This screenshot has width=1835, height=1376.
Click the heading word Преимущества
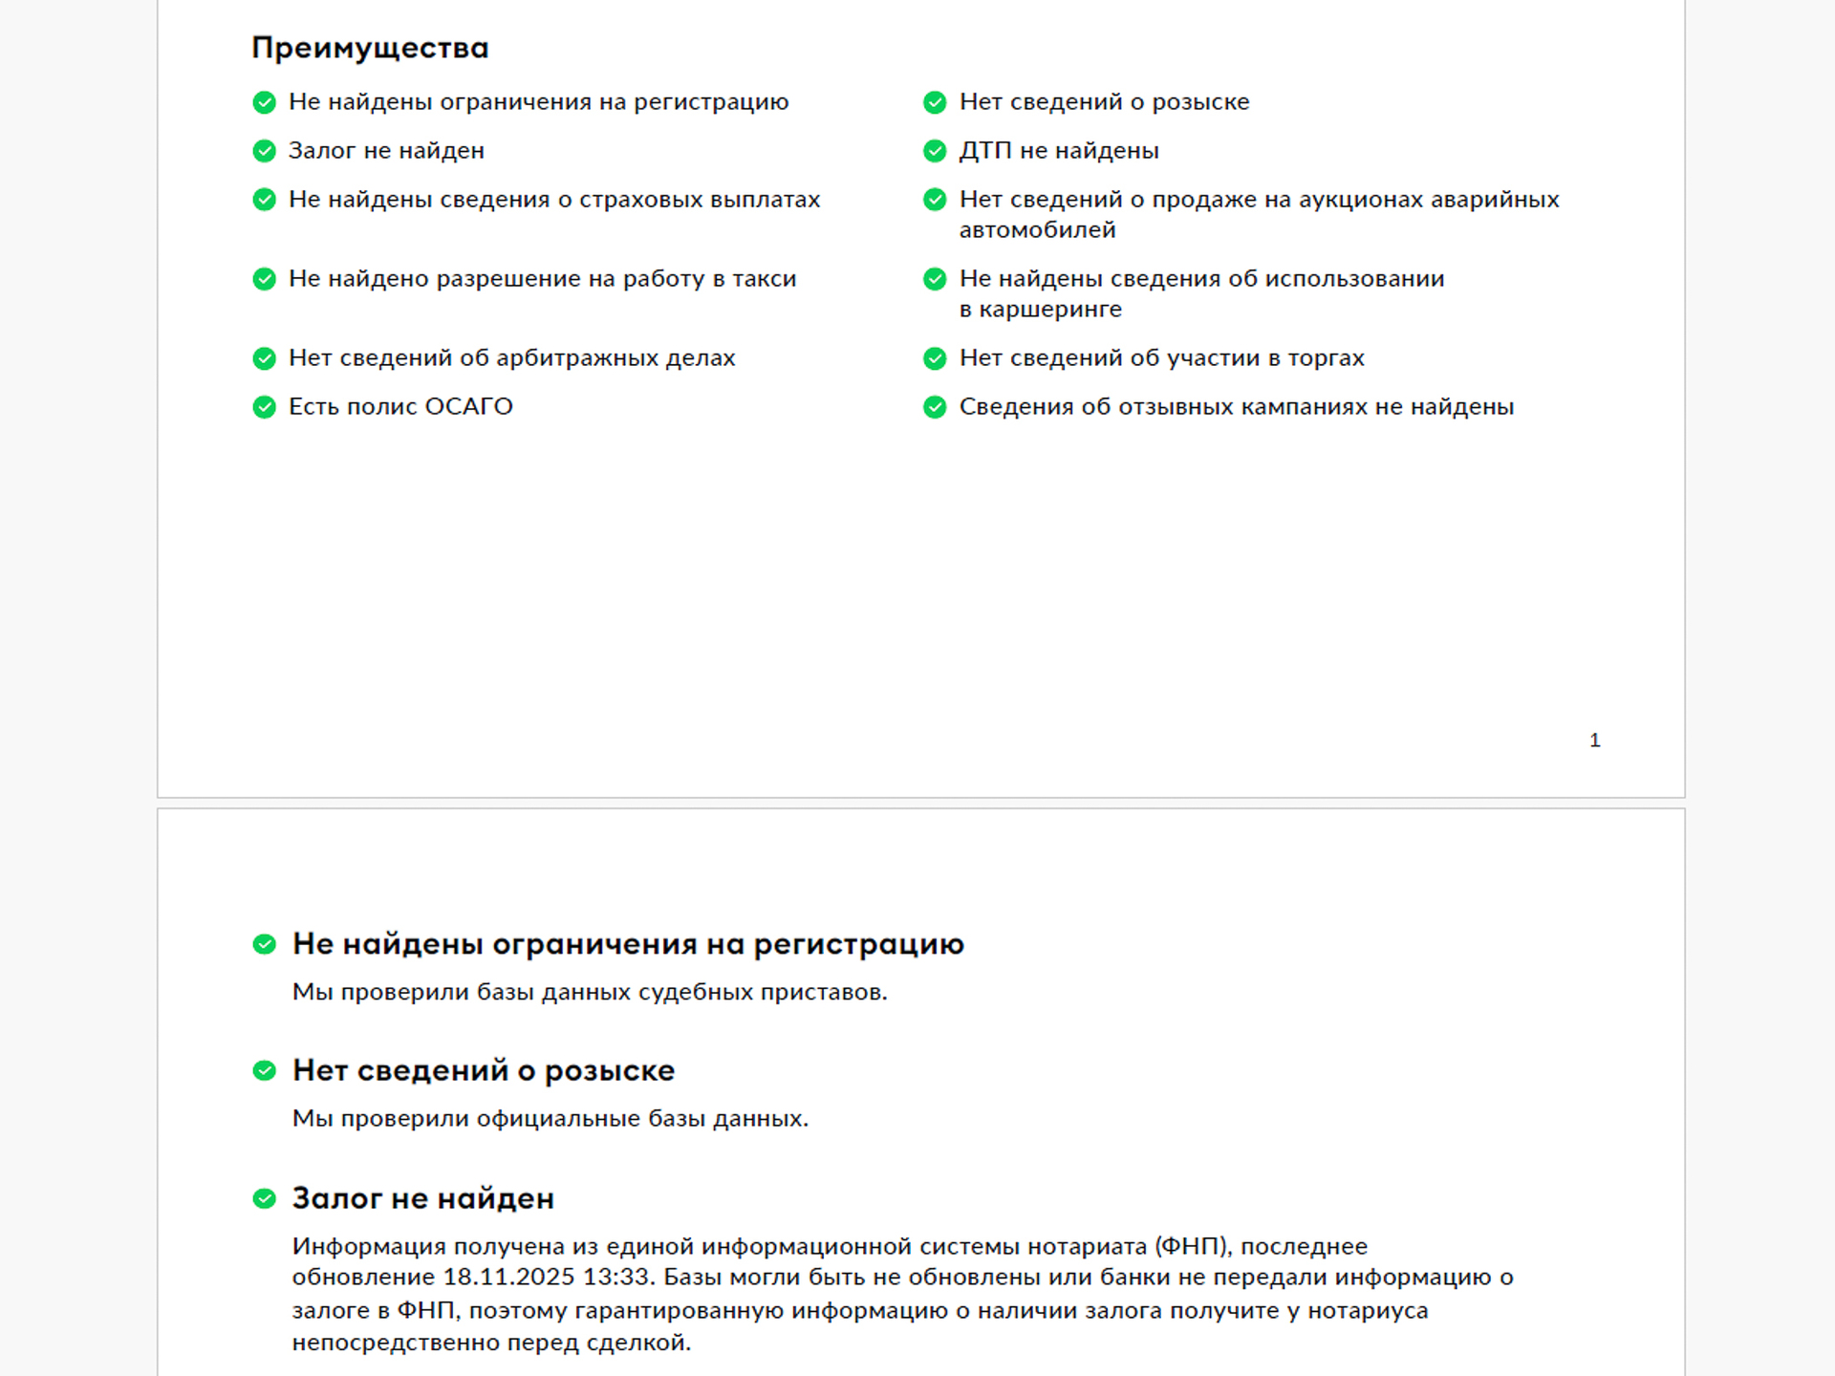pyautogui.click(x=370, y=48)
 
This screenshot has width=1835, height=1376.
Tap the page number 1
pyautogui.click(x=1594, y=741)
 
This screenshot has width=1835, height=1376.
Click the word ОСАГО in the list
pyautogui.click(x=468, y=407)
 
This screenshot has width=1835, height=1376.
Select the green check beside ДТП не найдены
pyautogui.click(x=935, y=151)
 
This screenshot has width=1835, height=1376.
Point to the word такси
pyautogui.click(x=764, y=279)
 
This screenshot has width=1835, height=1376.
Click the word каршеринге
pyautogui.click(x=1049, y=310)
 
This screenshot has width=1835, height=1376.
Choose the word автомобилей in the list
pyautogui.click(x=1037, y=230)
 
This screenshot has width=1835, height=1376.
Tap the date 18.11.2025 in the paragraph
pyautogui.click(x=508, y=1278)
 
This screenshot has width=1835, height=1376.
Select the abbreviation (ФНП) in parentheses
pyautogui.click(x=1193, y=1247)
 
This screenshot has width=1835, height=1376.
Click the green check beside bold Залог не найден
pyautogui.click(x=265, y=1198)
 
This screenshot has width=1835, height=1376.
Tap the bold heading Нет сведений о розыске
pyautogui.click(x=484, y=1071)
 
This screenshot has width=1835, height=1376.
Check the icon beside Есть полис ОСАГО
pyautogui.click(x=265, y=407)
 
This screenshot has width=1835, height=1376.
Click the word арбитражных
pyautogui.click(x=578, y=358)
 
